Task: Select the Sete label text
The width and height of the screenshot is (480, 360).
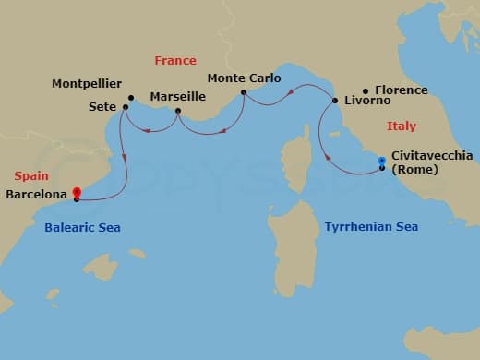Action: coord(102,107)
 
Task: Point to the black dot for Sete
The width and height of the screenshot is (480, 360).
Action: coord(125,107)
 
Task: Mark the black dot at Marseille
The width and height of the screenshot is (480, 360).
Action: coord(178,114)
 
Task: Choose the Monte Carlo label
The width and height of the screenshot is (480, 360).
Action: coord(244,78)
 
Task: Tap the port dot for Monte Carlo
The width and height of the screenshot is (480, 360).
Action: coord(244,92)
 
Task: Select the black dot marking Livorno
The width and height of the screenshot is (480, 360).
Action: coord(335,100)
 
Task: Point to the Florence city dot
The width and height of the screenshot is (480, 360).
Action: coord(366,90)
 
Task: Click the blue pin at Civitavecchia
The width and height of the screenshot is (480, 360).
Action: coord(382,162)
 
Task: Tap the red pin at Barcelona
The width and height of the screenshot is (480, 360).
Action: coord(77,194)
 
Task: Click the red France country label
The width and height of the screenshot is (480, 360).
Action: coord(175,61)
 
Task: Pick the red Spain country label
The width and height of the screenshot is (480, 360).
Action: coord(32,175)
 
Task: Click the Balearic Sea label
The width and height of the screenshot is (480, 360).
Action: coord(82,227)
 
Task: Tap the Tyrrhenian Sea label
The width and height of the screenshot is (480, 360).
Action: coord(371,226)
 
